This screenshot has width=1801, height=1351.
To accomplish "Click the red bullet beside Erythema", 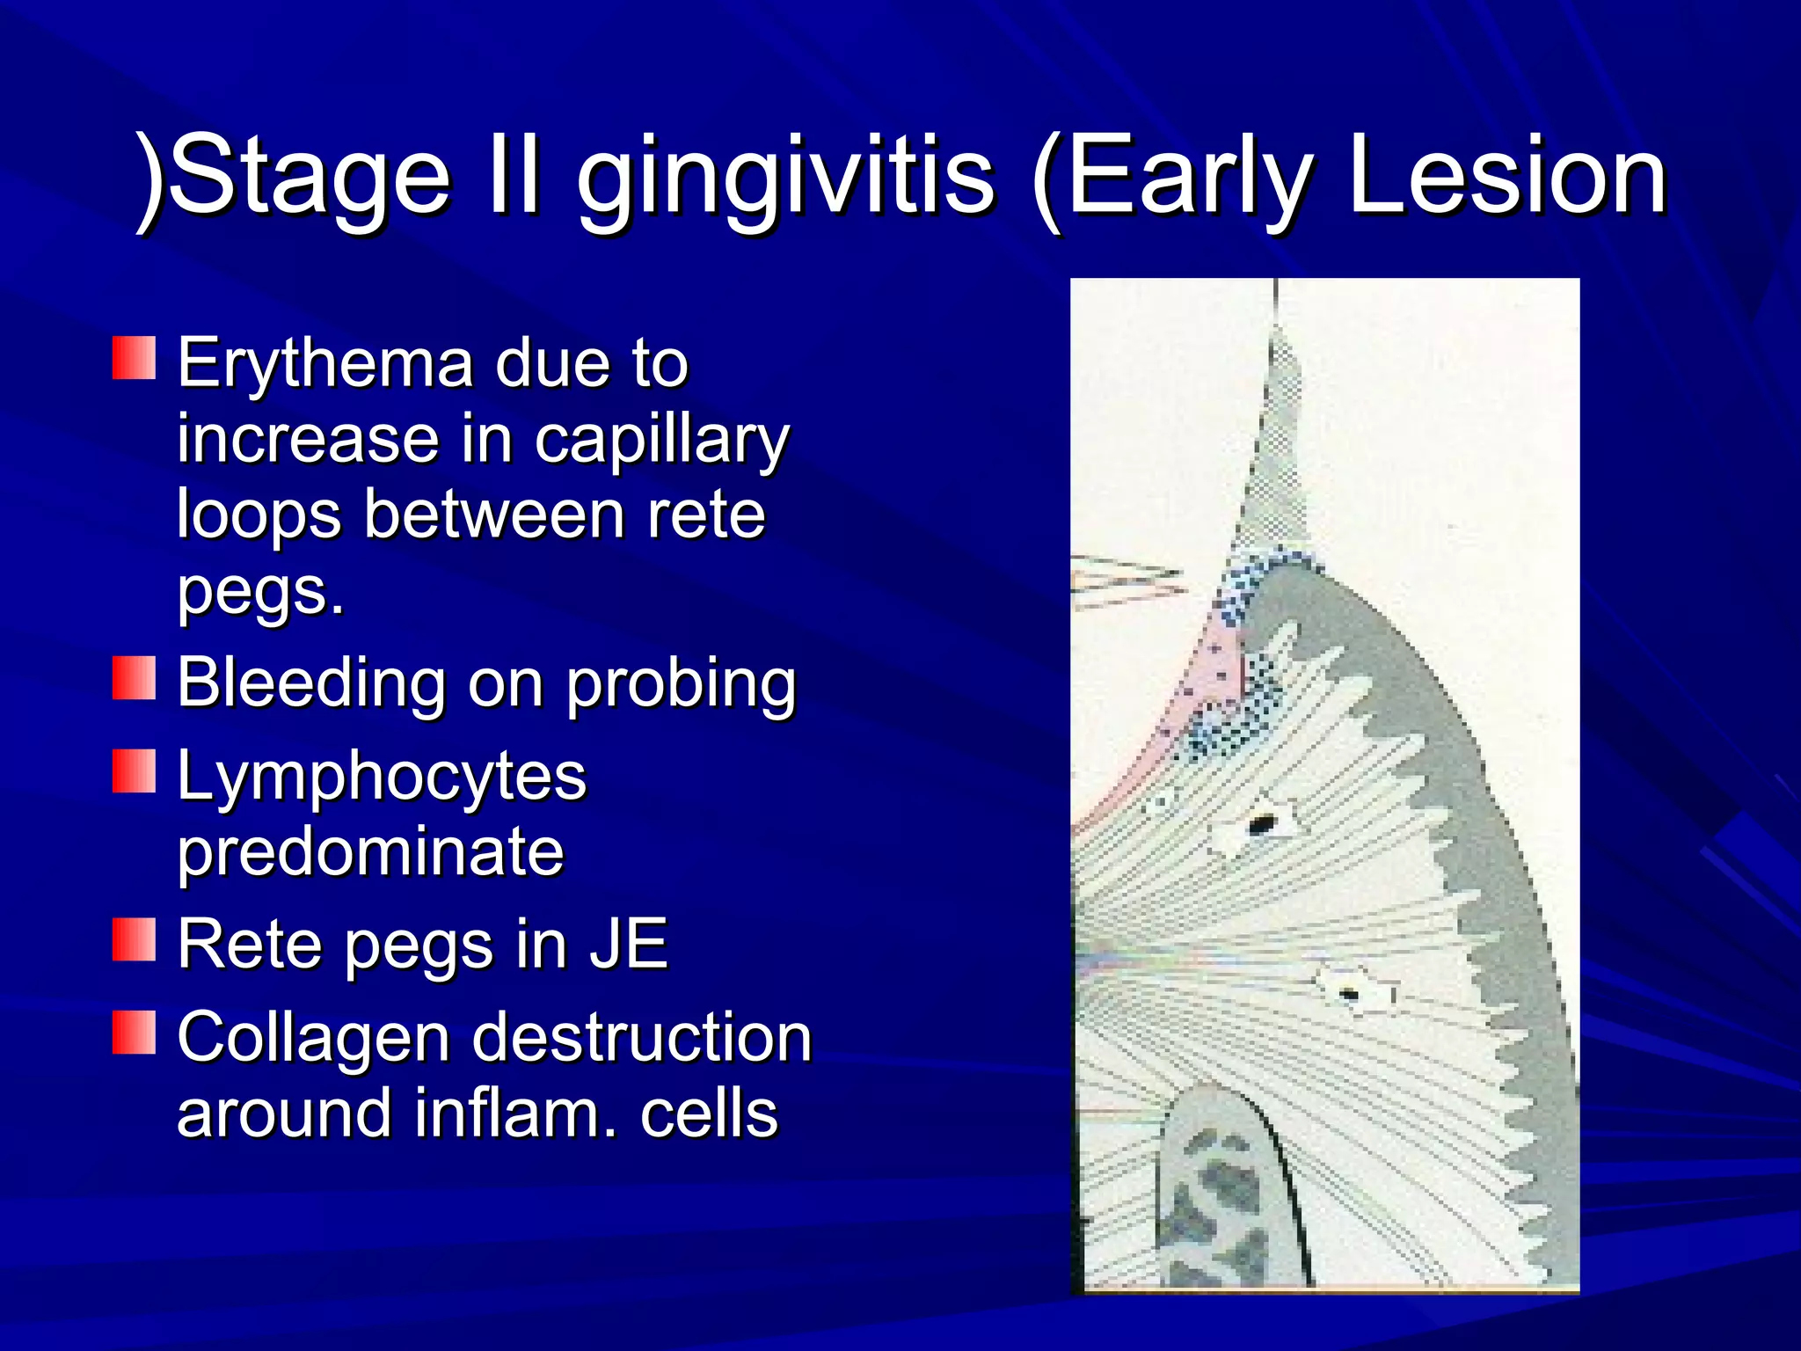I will click(134, 358).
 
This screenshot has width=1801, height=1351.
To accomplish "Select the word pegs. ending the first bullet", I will click(260, 591).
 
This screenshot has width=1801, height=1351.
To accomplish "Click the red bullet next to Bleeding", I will click(134, 677).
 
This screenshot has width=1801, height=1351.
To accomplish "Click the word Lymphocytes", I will click(382, 777).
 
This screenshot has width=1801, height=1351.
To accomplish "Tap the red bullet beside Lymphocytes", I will click(134, 770).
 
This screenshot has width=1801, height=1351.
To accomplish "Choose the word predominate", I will click(370, 851).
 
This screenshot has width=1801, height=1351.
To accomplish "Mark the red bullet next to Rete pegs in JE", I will click(134, 938).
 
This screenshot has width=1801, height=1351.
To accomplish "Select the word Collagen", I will click(313, 1038).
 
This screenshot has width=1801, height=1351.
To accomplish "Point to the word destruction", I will click(642, 1038).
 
